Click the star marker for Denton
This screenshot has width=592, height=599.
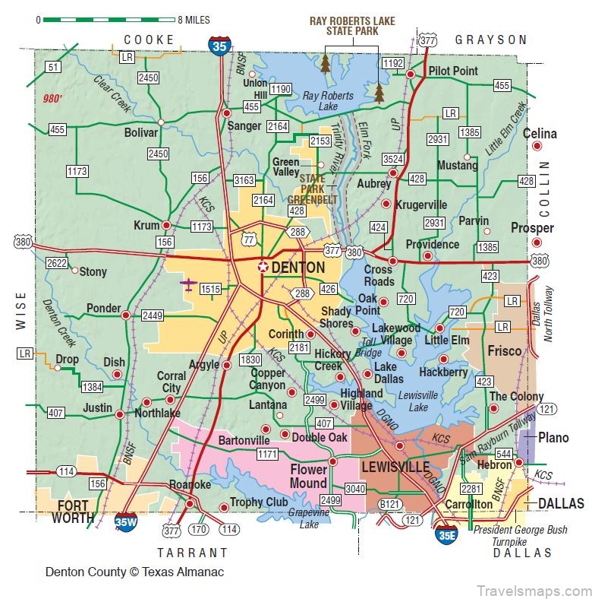[263, 267]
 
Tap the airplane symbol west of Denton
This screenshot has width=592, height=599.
[187, 285]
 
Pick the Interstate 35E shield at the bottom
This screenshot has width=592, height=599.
[447, 534]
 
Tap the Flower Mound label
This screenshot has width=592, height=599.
[308, 477]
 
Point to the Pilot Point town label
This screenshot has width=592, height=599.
[453, 71]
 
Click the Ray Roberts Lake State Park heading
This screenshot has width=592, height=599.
[352, 26]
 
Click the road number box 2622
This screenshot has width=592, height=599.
[56, 263]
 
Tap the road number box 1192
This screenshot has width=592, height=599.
[392, 63]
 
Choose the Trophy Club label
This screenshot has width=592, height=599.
[260, 502]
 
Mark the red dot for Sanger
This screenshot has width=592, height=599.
[226, 113]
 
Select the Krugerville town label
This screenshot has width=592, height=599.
[423, 204]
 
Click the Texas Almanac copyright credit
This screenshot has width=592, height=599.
[134, 572]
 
